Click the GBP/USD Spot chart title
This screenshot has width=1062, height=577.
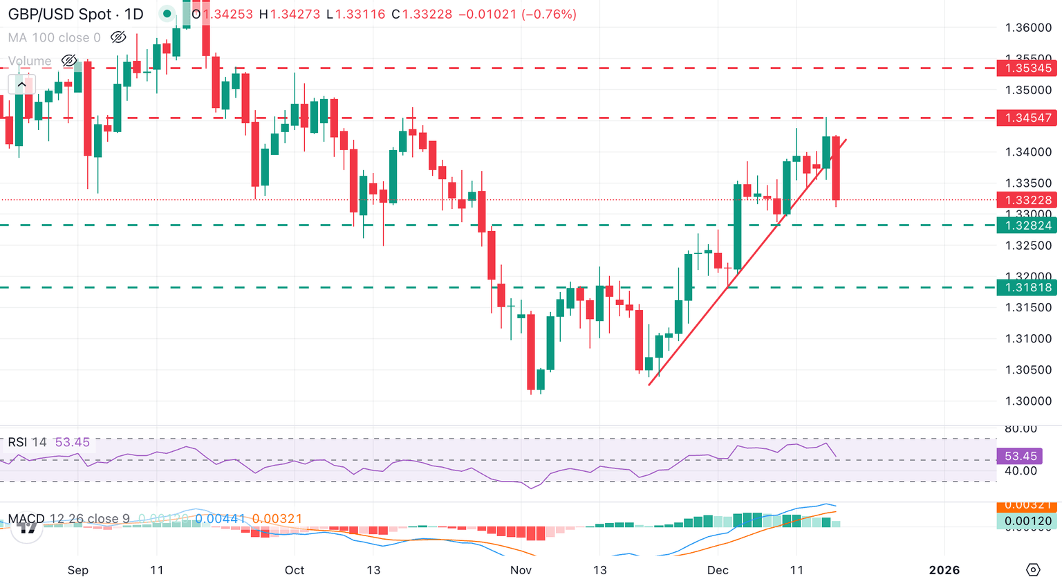tap(75, 14)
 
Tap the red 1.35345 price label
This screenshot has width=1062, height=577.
tap(1027, 68)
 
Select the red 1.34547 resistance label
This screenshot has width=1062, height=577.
tap(1027, 118)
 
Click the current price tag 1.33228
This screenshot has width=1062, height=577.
tap(1027, 200)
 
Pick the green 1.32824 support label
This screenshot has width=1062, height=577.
tap(1027, 226)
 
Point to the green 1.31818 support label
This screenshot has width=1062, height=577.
tap(1027, 288)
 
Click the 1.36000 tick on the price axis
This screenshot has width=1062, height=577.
tap(1027, 28)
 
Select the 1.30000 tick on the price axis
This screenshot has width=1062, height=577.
tap(1027, 401)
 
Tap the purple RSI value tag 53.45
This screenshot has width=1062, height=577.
tap(1021, 456)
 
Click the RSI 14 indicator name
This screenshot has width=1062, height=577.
tap(27, 442)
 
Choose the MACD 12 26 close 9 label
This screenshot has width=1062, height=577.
tap(68, 519)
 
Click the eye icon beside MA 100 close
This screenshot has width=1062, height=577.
tap(118, 37)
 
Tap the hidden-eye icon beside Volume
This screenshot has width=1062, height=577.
tap(68, 61)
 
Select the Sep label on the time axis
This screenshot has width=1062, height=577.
tap(78, 570)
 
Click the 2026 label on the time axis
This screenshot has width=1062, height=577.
tap(944, 570)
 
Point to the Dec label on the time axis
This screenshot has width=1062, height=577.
tap(718, 570)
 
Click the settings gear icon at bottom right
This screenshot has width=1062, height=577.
tap(1033, 569)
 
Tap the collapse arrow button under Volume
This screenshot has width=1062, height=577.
tap(21, 84)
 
